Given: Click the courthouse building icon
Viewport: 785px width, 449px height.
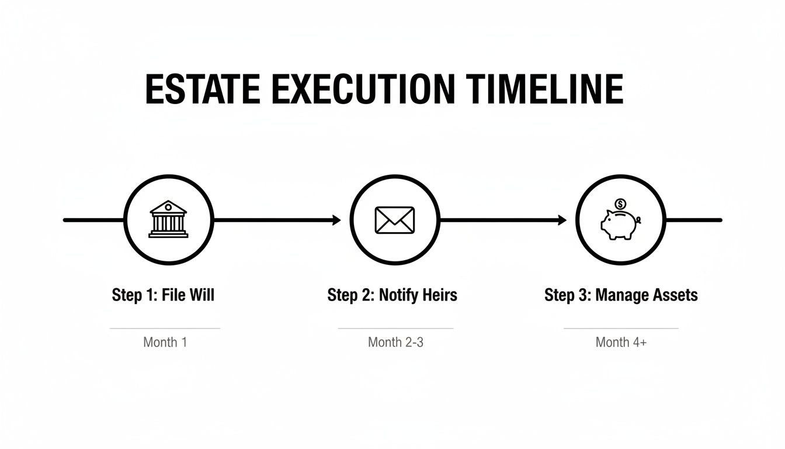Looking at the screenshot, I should (x=168, y=220).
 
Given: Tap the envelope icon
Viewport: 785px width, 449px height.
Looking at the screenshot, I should (x=394, y=220).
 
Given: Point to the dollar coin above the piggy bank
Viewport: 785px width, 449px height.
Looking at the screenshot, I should (x=620, y=204).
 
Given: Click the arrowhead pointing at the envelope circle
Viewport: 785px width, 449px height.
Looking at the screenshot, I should (x=336, y=220).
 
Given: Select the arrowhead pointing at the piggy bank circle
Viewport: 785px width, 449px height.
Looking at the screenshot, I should (x=562, y=220).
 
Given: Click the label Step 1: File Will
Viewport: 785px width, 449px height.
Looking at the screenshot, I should (x=163, y=295).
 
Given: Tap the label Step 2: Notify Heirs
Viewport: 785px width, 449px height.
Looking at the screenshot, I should (x=392, y=295).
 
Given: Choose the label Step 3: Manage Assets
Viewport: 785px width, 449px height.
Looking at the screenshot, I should (x=621, y=295).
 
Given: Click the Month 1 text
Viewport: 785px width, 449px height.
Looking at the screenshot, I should (x=165, y=342).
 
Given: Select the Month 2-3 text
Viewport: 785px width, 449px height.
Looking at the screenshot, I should (x=395, y=342).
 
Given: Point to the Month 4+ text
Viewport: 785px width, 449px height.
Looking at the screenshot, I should (x=621, y=342).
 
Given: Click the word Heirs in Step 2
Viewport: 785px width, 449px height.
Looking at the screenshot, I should (x=439, y=295).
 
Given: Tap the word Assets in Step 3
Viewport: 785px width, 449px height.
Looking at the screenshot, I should (x=676, y=295).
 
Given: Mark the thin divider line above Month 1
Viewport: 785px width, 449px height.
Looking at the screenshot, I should (x=165, y=329).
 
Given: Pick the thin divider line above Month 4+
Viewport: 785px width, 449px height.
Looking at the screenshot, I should (x=621, y=329).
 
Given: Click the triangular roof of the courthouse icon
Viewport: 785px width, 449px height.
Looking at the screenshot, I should (x=168, y=207).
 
